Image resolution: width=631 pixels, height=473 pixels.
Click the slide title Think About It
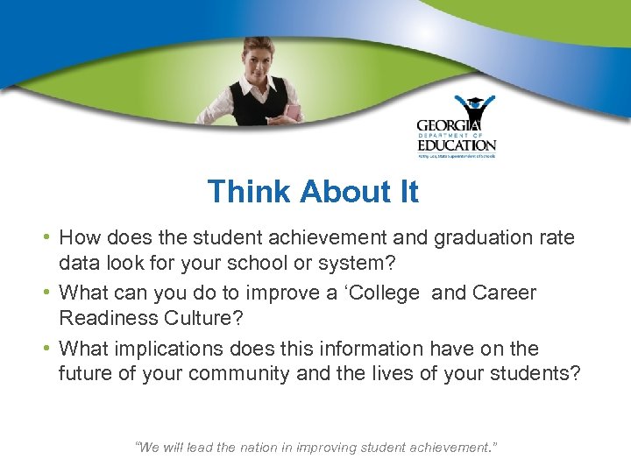(x=313, y=192)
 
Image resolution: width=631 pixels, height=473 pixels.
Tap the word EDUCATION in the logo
(x=456, y=145)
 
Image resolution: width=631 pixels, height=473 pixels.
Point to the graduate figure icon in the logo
(x=473, y=110)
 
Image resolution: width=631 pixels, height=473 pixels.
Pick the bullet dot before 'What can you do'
(x=46, y=293)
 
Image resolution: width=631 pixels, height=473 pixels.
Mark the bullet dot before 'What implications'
(x=46, y=349)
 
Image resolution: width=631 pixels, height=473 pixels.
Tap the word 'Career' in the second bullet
(x=505, y=293)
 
